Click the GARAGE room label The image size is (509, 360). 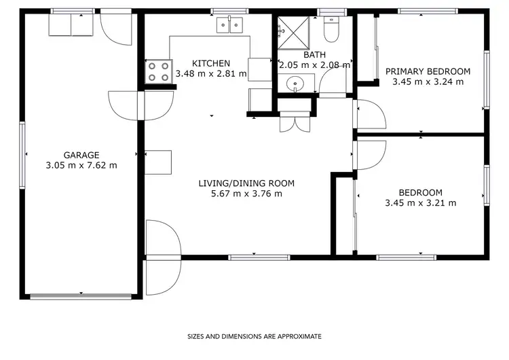(x=81, y=155)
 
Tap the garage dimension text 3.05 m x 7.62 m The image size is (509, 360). (x=81, y=165)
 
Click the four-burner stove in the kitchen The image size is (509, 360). (x=158, y=71)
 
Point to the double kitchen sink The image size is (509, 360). (x=229, y=26)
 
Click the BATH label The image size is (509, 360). (x=314, y=55)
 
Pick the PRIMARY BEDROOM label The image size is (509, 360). (x=428, y=71)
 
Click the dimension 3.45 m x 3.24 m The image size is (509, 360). (x=428, y=82)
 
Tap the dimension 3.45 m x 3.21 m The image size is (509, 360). (x=420, y=202)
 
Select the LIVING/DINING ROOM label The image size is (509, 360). (x=246, y=183)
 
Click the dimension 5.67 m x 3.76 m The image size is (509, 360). (x=246, y=194)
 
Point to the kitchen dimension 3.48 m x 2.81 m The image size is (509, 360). (x=210, y=73)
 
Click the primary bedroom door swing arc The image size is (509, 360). (x=371, y=114)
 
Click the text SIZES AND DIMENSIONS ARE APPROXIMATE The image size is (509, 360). (x=254, y=336)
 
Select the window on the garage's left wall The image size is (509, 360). (x=23, y=155)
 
